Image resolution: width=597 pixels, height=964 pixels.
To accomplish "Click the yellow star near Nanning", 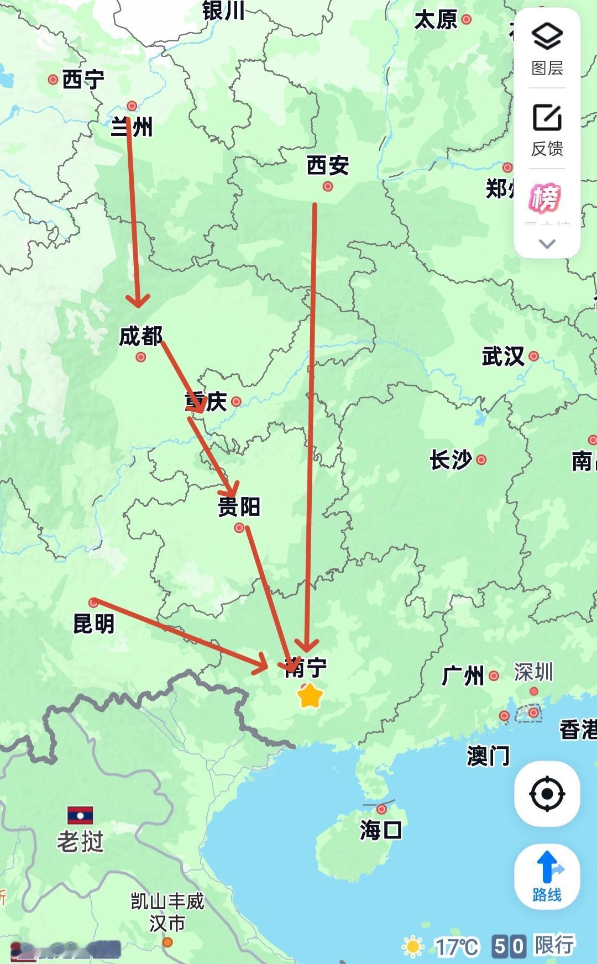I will click(310, 696).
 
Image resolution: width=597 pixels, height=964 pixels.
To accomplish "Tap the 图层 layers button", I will click(547, 49).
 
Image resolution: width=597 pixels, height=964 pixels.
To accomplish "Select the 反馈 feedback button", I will click(547, 129).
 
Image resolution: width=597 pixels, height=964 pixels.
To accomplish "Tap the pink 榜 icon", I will click(546, 198).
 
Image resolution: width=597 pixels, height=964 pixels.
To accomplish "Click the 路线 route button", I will click(547, 877).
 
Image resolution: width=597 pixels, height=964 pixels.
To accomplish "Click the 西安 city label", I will click(328, 165).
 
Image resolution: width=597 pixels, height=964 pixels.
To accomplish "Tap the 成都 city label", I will click(141, 336).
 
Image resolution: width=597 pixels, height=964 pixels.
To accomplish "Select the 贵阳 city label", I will click(239, 506).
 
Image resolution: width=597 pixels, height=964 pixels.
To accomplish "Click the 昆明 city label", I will click(94, 624).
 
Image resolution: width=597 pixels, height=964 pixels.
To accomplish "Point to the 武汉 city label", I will click(503, 356).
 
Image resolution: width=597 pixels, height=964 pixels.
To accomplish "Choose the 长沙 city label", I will click(451, 459).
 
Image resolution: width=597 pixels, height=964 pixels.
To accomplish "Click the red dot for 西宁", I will click(53, 80).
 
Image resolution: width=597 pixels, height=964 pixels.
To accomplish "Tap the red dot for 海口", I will click(381, 809).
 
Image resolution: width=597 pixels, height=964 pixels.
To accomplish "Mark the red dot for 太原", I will click(467, 19).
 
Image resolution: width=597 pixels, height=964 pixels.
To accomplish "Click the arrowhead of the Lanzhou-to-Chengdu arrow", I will click(138, 302).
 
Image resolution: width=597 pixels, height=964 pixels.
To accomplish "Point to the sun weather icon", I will click(413, 946).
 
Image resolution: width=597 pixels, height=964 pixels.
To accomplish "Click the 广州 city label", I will click(463, 675).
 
